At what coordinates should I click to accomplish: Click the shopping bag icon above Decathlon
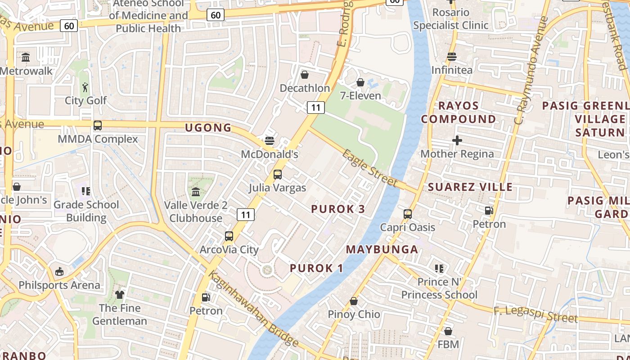[305, 74]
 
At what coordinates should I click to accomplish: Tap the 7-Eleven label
[360, 95]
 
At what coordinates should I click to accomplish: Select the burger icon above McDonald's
[270, 141]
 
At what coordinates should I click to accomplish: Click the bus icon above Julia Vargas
[278, 174]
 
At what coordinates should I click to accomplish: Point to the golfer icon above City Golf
[85, 86]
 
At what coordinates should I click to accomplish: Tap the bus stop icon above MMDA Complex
[98, 125]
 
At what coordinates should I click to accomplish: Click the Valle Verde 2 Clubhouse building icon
[196, 192]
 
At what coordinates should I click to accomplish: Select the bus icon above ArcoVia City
[229, 236]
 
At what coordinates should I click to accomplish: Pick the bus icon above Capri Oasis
[408, 214]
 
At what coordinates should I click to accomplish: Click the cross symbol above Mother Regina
[457, 140]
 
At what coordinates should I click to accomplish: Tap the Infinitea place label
[452, 70]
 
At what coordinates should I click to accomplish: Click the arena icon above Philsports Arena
[59, 271]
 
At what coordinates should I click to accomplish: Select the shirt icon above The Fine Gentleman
[120, 295]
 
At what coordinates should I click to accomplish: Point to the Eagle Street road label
[369, 168]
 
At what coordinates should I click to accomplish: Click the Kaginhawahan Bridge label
[253, 308]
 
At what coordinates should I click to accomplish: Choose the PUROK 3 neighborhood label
[338, 209]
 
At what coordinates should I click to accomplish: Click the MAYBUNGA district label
[382, 249]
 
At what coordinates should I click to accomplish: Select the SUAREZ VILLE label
[470, 187]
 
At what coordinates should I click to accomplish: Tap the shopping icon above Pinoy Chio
[354, 301]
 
